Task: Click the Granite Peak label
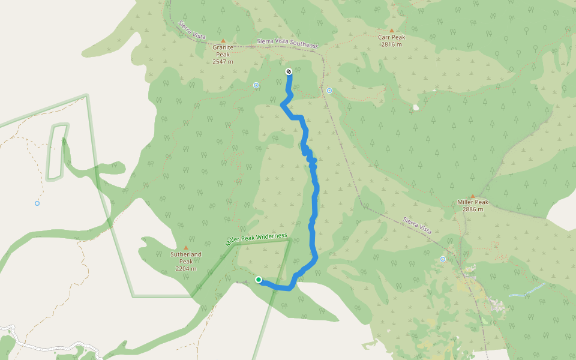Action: point(223,51)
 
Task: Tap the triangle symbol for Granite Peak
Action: point(223,41)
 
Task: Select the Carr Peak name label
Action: point(391,37)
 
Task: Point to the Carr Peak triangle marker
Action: point(392,31)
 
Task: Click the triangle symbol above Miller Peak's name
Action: point(473,196)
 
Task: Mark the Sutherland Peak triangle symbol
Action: point(185,247)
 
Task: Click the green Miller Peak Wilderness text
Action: point(256,240)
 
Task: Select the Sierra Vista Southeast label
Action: point(287,44)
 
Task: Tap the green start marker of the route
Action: point(259,280)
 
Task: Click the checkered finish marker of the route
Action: point(289,72)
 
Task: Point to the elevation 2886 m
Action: point(473,209)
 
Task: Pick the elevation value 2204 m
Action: point(185,269)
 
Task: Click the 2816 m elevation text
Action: point(391,44)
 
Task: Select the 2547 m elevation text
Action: point(223,62)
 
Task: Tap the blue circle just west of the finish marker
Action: point(256,85)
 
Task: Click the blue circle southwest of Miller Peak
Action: point(443,259)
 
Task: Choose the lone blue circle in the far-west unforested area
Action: point(37,203)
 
